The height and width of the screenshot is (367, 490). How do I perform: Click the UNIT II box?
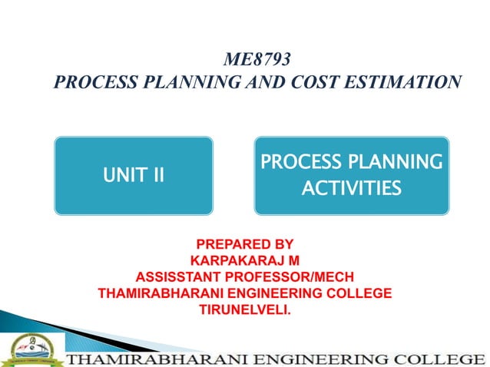[x=133, y=174]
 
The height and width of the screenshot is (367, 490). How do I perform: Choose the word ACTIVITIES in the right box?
[x=352, y=187]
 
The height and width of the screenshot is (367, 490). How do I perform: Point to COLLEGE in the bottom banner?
[x=451, y=358]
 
